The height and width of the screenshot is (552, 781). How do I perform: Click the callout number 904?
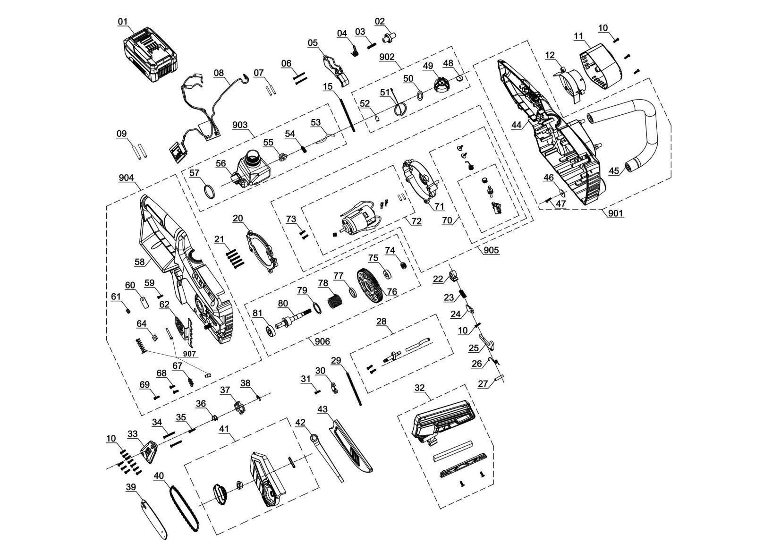pos(126,178)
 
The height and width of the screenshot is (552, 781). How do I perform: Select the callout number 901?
pos(615,213)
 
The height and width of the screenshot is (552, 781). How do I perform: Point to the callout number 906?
pos(323,341)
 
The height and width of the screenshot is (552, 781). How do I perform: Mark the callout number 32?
pos(419,388)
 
